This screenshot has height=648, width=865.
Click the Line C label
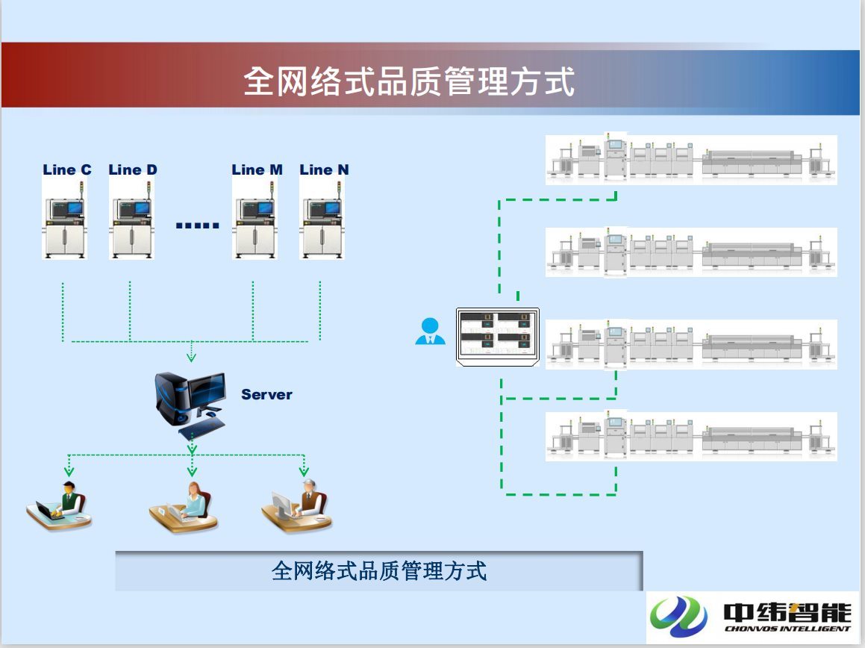click(x=67, y=169)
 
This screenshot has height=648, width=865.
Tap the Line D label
click(x=133, y=169)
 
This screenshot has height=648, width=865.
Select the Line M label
click(x=257, y=169)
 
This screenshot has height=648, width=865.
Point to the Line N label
click(x=324, y=169)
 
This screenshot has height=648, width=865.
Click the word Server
click(x=266, y=394)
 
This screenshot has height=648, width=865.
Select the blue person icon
click(x=430, y=331)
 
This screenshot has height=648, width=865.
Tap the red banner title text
click(x=409, y=81)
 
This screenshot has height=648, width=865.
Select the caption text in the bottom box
click(x=378, y=571)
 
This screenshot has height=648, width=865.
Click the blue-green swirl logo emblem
click(x=678, y=616)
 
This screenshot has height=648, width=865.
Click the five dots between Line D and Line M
click(x=198, y=225)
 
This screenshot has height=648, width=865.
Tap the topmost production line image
click(x=691, y=159)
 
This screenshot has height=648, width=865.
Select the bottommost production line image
click(x=691, y=436)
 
